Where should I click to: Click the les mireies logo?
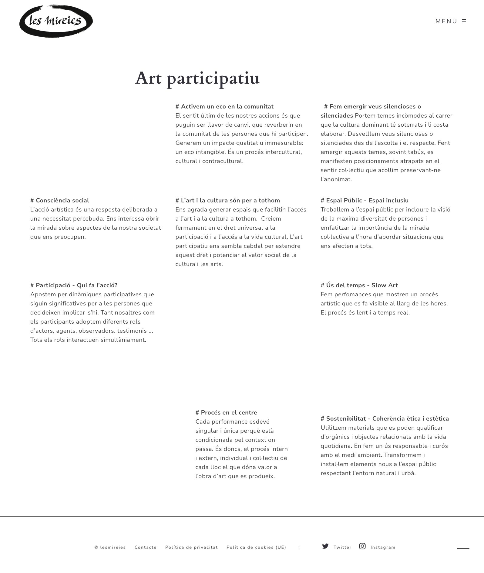tap(56, 21)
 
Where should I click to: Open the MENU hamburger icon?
tap(464, 21)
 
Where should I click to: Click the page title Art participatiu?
tap(197, 78)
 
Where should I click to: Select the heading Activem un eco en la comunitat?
tap(224, 107)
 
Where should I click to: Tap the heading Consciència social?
tap(60, 201)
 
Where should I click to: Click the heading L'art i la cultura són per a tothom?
tap(227, 201)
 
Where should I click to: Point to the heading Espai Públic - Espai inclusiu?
tap(365, 201)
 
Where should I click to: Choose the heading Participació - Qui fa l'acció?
tap(74, 285)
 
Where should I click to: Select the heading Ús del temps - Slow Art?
tap(359, 285)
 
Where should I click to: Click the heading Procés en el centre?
tap(226, 413)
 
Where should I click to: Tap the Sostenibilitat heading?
tap(385, 419)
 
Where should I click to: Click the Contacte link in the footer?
tap(146, 547)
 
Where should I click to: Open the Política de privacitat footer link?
tap(191, 547)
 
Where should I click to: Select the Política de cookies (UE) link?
tap(256, 547)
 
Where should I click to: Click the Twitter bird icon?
tap(325, 546)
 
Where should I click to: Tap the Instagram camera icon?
tap(362, 546)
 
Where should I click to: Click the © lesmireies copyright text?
tap(110, 547)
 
